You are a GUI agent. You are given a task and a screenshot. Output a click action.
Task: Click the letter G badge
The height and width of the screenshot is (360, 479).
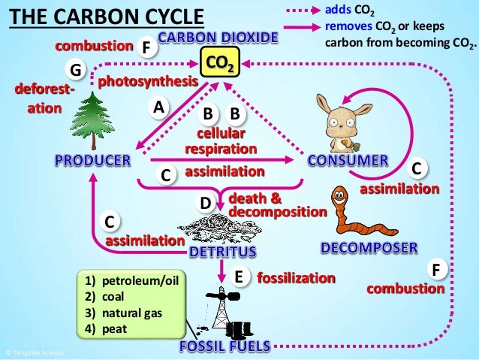click(x=74, y=70)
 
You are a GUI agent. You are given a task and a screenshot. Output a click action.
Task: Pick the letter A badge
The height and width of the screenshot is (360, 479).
click(x=158, y=107)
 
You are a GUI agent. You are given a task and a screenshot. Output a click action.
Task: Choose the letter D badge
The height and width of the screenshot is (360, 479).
click(x=203, y=203)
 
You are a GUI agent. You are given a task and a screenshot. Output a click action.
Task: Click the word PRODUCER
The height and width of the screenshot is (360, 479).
click(x=92, y=160)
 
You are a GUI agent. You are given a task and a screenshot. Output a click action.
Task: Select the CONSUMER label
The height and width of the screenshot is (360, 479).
click(x=348, y=160)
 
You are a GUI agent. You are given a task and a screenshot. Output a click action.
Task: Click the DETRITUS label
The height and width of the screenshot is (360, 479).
click(x=222, y=250)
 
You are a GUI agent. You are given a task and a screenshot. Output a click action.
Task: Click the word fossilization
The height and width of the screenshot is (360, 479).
click(x=296, y=278)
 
